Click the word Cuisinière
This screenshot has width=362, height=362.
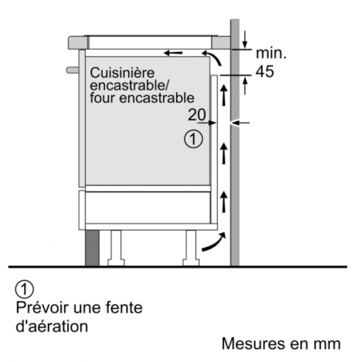(120, 71)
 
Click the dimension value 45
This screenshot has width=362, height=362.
(265, 72)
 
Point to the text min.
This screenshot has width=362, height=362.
(271, 53)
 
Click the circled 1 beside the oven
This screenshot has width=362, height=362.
(191, 139)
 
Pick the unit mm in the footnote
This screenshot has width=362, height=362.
(328, 344)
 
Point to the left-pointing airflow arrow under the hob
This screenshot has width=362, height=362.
(172, 54)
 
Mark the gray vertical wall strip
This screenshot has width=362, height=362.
(235, 160)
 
